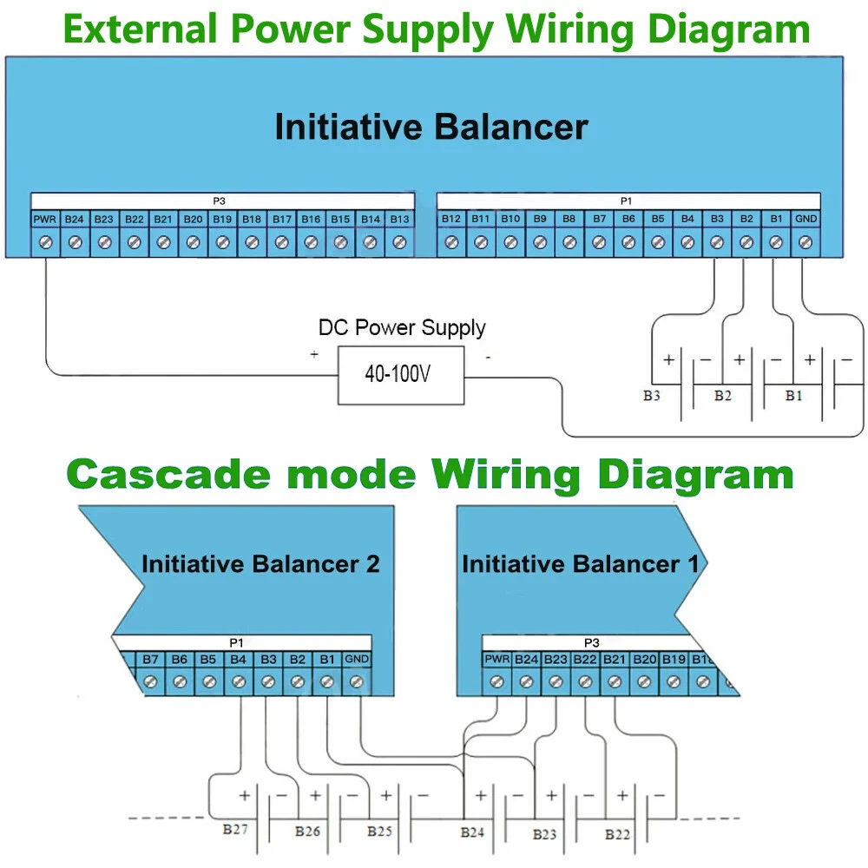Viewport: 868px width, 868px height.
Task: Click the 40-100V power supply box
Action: (x=400, y=375)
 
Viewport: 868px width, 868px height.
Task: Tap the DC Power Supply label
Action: (x=402, y=328)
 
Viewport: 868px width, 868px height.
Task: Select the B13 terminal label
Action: (x=399, y=219)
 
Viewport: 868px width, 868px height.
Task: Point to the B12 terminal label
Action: (x=451, y=219)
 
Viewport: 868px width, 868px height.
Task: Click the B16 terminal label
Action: (x=311, y=219)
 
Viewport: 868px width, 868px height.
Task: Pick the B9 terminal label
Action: (x=540, y=219)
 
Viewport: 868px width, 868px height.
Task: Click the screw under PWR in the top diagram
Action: (x=45, y=243)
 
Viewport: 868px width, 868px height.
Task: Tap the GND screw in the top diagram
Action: (x=805, y=243)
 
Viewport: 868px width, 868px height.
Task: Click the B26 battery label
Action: (x=307, y=832)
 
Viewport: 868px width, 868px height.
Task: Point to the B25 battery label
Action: (x=379, y=832)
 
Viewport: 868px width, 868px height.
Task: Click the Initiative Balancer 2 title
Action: (x=260, y=564)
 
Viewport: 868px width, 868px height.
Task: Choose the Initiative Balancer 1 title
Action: (x=580, y=564)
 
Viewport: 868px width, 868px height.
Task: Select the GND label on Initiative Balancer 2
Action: (x=356, y=659)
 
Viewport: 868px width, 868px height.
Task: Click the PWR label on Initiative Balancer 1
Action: (x=497, y=659)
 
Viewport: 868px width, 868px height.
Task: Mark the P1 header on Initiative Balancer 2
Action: (x=236, y=643)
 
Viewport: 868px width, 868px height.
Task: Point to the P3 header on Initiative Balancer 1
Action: (x=591, y=643)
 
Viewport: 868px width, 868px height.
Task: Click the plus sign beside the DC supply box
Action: (x=313, y=354)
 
